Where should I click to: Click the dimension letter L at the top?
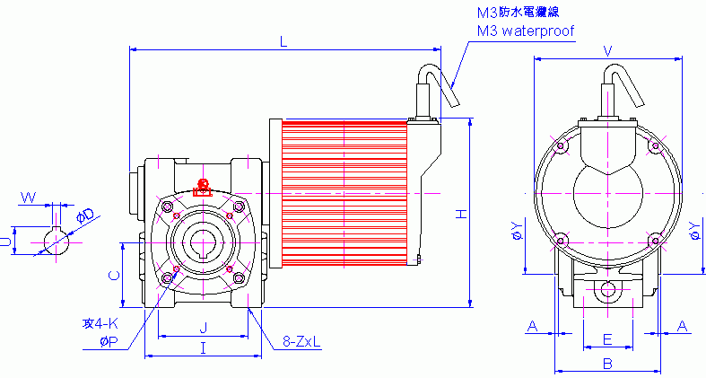[284, 41]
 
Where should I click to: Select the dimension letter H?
[460, 214]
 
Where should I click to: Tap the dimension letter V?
[608, 51]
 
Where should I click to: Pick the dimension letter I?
[204, 347]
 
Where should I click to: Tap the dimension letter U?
[5, 240]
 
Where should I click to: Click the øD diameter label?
[86, 216]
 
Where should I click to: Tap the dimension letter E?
[607, 339]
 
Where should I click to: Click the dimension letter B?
[607, 364]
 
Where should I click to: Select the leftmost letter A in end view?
[532, 326]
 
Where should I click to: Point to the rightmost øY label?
[695, 231]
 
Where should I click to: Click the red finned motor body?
[345, 193]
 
